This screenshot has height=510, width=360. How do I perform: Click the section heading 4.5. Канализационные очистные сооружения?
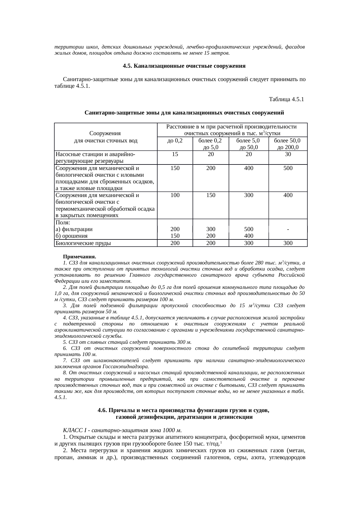184,66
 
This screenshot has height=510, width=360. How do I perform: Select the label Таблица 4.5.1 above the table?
286,99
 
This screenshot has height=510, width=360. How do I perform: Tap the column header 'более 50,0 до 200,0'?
288,144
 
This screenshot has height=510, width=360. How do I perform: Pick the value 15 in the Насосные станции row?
175,154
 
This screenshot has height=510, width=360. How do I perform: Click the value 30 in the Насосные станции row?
288,154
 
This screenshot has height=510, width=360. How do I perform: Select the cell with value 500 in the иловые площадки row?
288,168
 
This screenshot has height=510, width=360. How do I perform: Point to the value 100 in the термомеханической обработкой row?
175,195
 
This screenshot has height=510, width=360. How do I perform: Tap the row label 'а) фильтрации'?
74,229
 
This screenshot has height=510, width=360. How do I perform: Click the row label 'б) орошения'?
71,236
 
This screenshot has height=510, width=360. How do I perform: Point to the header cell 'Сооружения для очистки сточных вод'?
105,137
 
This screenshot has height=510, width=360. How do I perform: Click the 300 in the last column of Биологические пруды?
288,243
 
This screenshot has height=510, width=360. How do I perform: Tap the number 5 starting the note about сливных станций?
64,342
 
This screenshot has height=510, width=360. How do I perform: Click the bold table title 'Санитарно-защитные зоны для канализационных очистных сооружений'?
184,112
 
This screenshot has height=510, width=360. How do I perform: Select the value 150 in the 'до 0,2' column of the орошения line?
175,236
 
